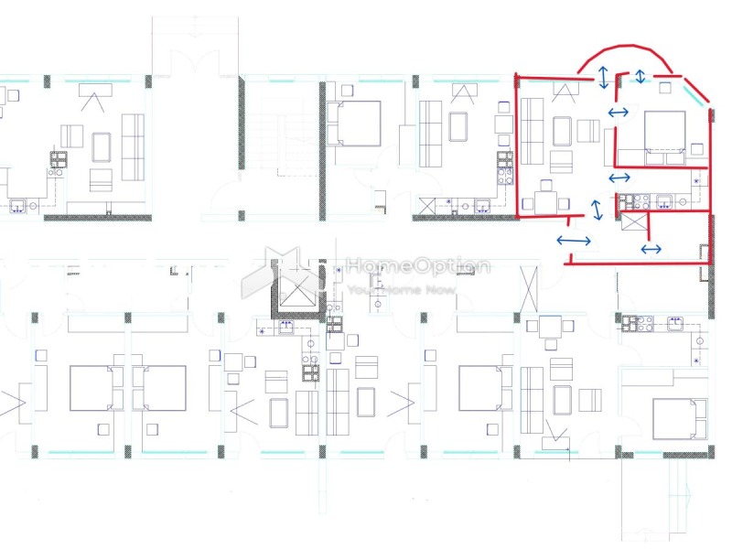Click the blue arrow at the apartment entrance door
[x=574, y=241]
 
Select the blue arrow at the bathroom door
[x=651, y=249]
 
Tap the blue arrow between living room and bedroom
[x=619, y=112]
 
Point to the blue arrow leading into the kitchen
[x=619, y=178]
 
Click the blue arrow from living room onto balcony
[x=603, y=77]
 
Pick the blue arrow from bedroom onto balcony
[x=640, y=76]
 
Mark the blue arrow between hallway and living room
[x=597, y=210]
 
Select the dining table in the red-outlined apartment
[x=545, y=203]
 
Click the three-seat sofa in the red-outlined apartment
[x=532, y=131]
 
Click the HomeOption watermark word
[x=418, y=266]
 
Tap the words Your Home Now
[x=402, y=290]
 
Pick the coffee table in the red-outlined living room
[x=562, y=131]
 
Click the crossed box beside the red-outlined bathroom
[x=633, y=221]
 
